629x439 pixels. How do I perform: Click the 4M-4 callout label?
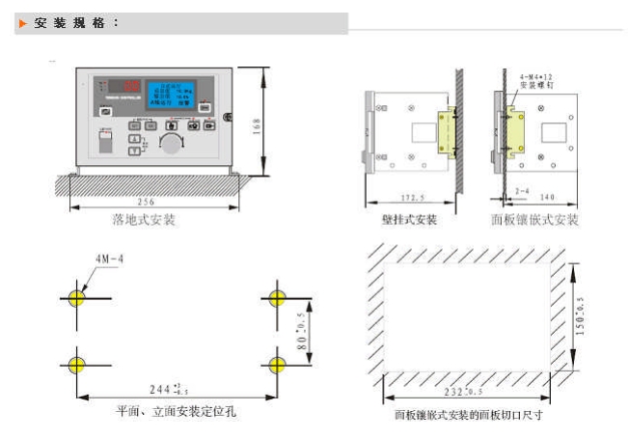tap(108, 260)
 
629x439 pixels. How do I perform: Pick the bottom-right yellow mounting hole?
tap(278, 364)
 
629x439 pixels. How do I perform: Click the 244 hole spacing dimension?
tap(169, 390)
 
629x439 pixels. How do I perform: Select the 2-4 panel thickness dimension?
tap(522, 193)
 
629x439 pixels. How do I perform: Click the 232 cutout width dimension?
tap(464, 394)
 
